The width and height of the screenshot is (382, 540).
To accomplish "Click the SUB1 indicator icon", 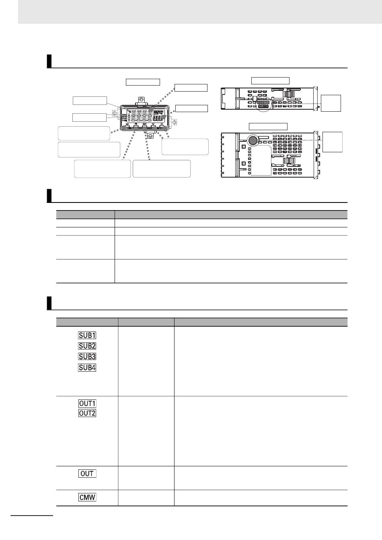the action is [x=87, y=335].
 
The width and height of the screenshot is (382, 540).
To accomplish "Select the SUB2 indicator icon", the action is [x=87, y=346].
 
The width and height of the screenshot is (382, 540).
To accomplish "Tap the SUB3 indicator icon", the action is [x=87, y=356].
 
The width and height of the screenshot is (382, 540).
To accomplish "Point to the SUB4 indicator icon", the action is [x=87, y=367].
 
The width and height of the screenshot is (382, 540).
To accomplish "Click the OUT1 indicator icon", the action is [x=87, y=403].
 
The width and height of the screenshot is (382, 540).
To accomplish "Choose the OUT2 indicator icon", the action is [x=87, y=413].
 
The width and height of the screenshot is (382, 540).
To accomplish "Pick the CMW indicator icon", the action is [x=87, y=497].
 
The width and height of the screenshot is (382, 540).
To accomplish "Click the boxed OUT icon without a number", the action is [x=87, y=474].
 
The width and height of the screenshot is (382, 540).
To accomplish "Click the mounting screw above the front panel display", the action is [x=141, y=99].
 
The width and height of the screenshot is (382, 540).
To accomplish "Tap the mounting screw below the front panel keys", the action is [x=150, y=135].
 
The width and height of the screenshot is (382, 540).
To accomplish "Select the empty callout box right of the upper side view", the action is [x=331, y=103].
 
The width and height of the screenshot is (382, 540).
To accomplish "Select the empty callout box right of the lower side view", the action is [x=333, y=142].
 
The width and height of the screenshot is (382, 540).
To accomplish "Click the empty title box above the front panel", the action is [x=143, y=82].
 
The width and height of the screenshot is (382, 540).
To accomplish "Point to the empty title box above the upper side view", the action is [x=270, y=80].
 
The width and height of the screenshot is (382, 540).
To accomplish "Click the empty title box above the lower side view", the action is [x=268, y=127].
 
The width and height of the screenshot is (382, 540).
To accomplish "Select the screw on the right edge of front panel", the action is [x=174, y=122].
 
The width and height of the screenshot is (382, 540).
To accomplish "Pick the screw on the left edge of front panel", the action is [x=114, y=114].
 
